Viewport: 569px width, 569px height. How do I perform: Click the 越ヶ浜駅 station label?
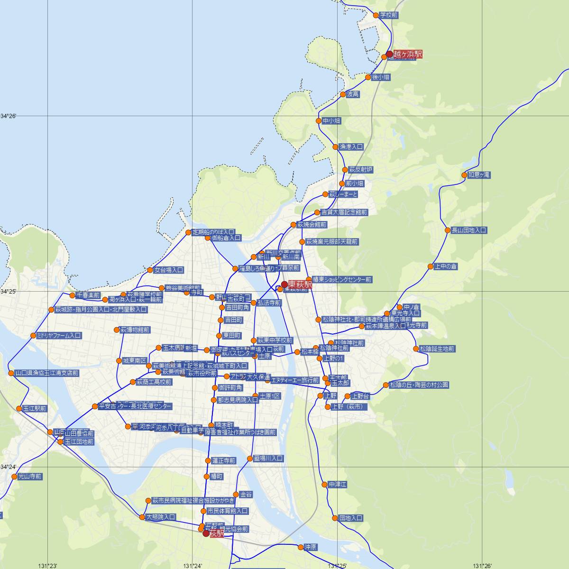(x=408, y=55)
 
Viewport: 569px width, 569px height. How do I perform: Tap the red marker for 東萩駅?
(x=284, y=284)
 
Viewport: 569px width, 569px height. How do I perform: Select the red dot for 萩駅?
(x=206, y=533)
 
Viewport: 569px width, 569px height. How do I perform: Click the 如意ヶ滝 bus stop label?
(x=479, y=175)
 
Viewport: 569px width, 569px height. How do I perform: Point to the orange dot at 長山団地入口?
(x=448, y=230)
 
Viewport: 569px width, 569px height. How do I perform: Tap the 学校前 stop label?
(x=388, y=15)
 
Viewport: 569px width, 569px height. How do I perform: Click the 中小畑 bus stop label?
(x=331, y=121)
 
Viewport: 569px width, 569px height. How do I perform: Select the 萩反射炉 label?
(x=361, y=170)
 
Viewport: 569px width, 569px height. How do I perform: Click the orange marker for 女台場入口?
(x=150, y=270)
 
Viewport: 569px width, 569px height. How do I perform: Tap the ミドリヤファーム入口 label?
(x=59, y=336)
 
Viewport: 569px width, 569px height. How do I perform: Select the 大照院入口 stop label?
(x=161, y=517)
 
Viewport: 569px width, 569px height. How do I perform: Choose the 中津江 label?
(x=338, y=485)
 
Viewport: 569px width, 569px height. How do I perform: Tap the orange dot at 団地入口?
(x=335, y=518)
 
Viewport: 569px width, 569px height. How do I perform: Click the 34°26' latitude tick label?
(x=8, y=116)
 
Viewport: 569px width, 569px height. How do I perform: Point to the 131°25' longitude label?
(x=337, y=565)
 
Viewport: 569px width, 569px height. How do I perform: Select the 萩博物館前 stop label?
(x=135, y=330)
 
